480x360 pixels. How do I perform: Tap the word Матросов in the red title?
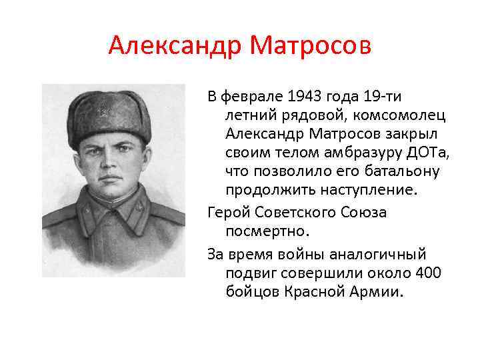click(309, 46)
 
